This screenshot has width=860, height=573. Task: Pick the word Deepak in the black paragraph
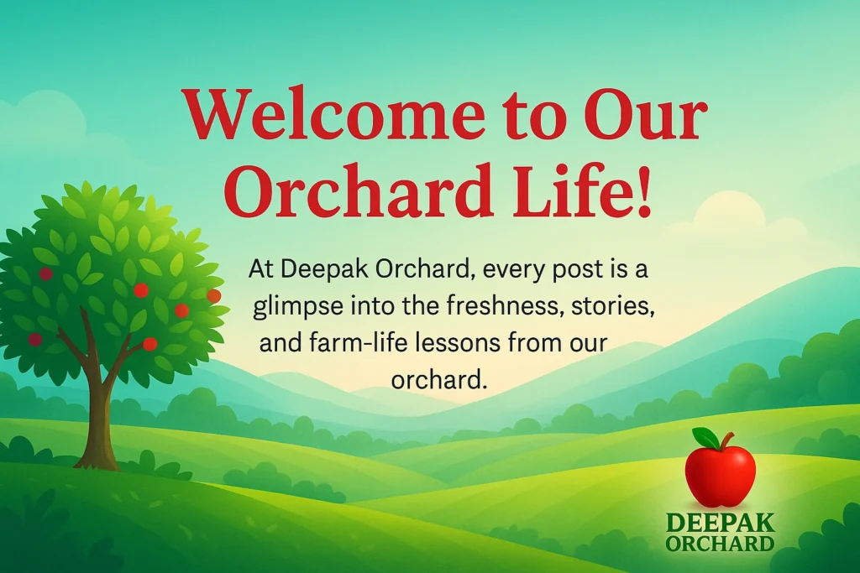(319, 270)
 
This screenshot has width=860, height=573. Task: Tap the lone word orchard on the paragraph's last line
(439, 379)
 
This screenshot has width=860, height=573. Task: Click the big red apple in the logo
(721, 477)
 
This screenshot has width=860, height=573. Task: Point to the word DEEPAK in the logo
(720, 524)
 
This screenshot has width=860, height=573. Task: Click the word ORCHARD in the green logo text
(720, 543)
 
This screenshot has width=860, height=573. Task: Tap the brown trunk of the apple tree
(101, 419)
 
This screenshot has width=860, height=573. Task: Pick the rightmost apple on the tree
(213, 296)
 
